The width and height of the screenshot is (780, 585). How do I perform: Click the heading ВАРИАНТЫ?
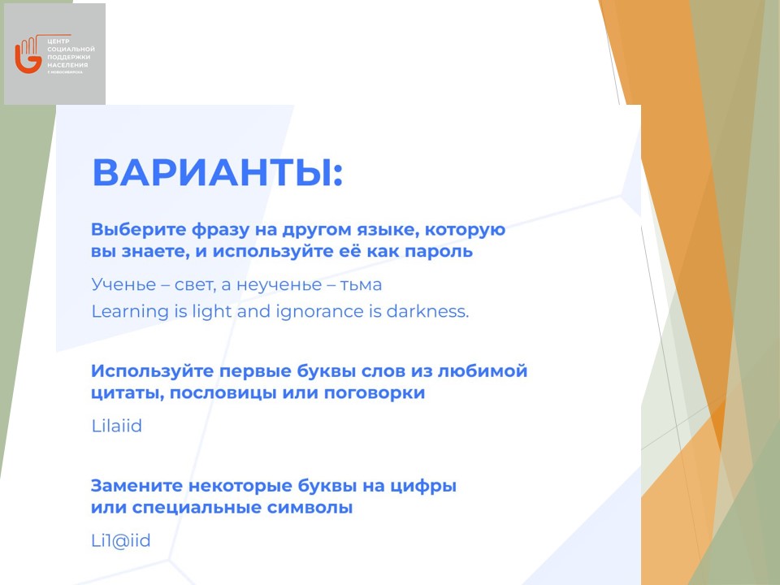[x=218, y=172]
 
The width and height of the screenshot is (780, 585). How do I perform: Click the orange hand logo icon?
[x=28, y=54]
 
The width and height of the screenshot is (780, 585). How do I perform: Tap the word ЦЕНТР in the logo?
[x=58, y=41]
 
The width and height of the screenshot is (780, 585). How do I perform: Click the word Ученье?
[x=123, y=284]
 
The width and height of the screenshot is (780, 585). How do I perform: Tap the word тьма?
[x=361, y=285]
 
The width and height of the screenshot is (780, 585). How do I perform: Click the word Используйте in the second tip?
[x=151, y=371]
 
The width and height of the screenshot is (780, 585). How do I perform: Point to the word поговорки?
[x=375, y=393]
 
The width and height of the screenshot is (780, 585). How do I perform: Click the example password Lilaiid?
[x=117, y=426]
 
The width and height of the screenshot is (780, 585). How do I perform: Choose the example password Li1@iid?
[x=121, y=541]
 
